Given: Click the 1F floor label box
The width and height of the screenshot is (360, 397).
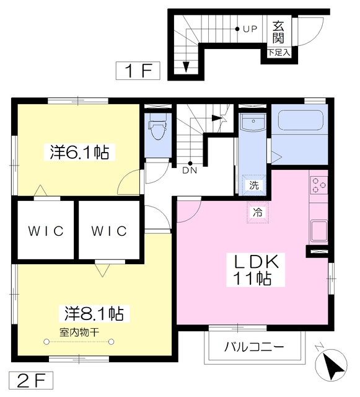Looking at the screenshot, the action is pyautogui.click(x=138, y=71).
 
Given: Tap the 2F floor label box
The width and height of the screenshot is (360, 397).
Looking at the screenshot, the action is pyautogui.click(x=31, y=380).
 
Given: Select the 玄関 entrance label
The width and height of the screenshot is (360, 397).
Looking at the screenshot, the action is pyautogui.click(x=278, y=32).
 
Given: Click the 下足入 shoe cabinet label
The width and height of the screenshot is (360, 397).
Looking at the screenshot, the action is pyautogui.click(x=279, y=53).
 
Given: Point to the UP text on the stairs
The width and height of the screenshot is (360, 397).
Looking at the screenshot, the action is pyautogui.click(x=250, y=29).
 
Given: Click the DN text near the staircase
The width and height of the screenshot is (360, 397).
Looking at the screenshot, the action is pyautogui.click(x=190, y=171).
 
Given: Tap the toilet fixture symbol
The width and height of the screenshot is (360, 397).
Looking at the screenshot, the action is pyautogui.click(x=158, y=127).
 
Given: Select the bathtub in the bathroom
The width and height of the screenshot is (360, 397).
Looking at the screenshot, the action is pyautogui.click(x=301, y=120).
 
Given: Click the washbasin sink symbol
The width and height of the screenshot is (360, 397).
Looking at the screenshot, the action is pyautogui.click(x=253, y=122).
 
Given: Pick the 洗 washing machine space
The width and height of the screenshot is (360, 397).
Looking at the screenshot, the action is pyautogui.click(x=254, y=185).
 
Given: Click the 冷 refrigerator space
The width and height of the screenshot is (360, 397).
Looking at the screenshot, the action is pyautogui.click(x=258, y=212).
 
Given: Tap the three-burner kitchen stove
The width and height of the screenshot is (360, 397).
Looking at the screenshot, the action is pyautogui.click(x=318, y=185).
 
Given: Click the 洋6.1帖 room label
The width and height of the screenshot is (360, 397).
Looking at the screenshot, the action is pyautogui.click(x=79, y=152).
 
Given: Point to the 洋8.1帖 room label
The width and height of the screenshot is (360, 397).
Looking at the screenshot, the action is pyautogui.click(x=94, y=313).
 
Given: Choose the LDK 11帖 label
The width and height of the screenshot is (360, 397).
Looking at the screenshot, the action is pyautogui.click(x=255, y=270).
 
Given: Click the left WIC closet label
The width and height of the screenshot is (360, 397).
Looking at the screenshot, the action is pyautogui.click(x=46, y=231).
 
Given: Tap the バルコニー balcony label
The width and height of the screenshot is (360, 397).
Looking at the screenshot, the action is pyautogui.click(x=254, y=347).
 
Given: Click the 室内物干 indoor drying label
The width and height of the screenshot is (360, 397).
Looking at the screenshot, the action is pyautogui.click(x=79, y=332).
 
